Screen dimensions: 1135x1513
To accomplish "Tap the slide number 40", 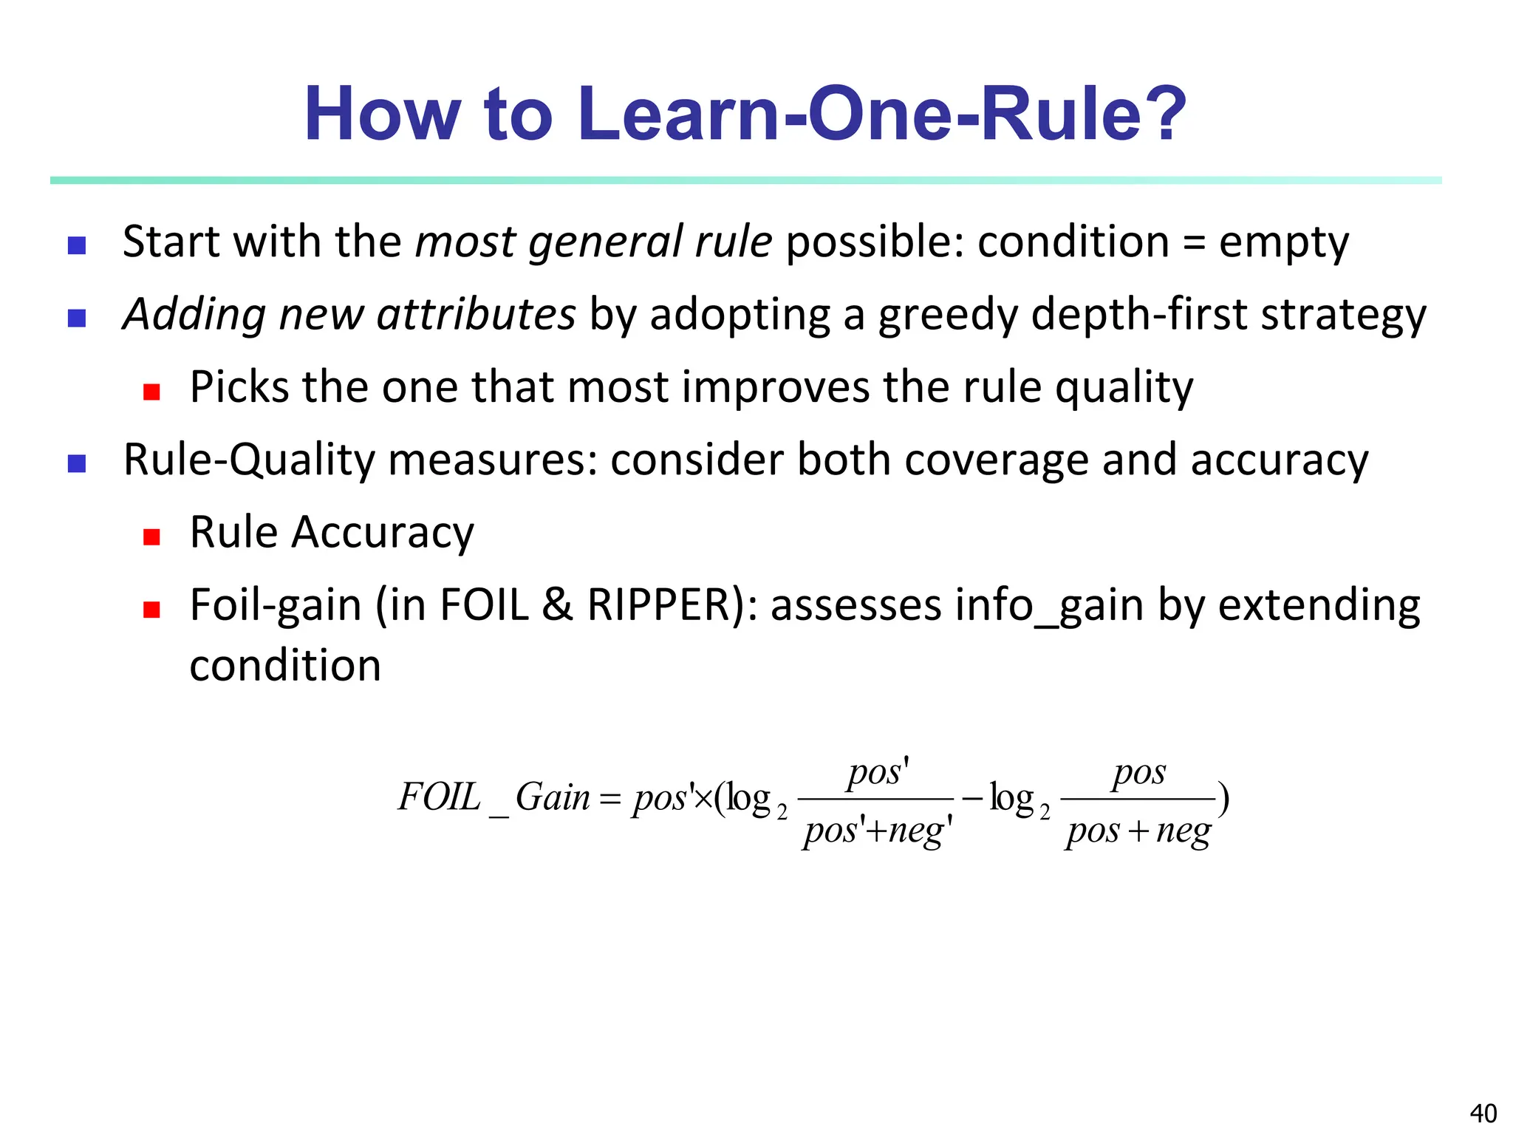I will (x=1483, y=1113).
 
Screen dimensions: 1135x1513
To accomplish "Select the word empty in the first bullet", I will (x=1283, y=243).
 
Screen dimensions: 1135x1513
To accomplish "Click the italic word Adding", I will (x=194, y=316).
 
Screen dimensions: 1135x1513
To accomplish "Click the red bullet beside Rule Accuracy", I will (x=152, y=536).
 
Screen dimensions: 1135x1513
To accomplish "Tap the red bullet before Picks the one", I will (x=152, y=392).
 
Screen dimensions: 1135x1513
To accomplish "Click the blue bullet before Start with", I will (x=77, y=245).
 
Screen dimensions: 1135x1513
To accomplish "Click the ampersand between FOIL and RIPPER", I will (x=557, y=606).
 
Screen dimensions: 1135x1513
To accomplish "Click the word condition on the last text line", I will (x=285, y=667).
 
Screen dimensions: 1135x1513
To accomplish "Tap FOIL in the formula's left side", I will (x=439, y=798).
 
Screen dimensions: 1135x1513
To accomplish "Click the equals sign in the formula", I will (x=609, y=800).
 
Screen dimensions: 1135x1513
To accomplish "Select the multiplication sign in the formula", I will (x=703, y=799).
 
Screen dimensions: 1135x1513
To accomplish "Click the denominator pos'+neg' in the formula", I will (x=877, y=831).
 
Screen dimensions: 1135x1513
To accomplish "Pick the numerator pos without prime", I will (x=1138, y=774).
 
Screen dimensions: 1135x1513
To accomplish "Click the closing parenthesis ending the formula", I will (x=1223, y=799).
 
